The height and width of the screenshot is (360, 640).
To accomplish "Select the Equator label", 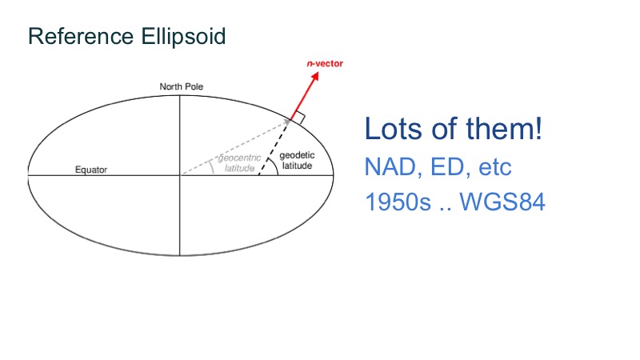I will [x=90, y=170].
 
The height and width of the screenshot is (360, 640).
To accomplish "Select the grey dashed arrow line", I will [x=232, y=148].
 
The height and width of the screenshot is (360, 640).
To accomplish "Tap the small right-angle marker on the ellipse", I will [x=298, y=119].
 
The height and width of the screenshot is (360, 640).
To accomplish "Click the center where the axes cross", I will [x=180, y=174].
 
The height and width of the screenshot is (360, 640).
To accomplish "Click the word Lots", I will [x=391, y=130].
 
